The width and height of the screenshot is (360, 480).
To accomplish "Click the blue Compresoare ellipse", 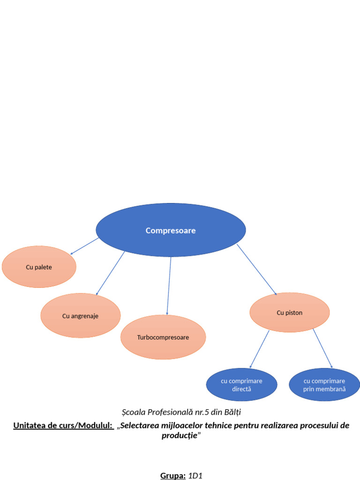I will [x=171, y=230].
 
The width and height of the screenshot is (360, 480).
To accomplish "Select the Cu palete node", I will [x=39, y=267].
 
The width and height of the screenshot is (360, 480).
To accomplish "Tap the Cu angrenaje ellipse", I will [x=80, y=315].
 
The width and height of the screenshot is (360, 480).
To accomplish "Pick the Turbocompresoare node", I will [x=163, y=337].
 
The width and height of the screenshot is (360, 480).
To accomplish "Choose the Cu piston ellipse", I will [x=289, y=312].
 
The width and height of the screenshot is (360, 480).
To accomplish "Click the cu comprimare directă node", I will [x=241, y=385].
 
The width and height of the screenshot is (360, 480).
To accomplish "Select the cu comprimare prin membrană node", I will [x=324, y=385].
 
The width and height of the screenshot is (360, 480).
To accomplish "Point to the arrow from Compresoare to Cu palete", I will [x=84, y=246].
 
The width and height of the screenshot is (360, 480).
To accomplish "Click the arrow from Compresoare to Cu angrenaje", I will [x=111, y=274].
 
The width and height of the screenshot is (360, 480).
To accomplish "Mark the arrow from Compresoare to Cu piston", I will [x=256, y=270].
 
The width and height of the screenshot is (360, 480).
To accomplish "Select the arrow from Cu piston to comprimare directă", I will [x=259, y=349].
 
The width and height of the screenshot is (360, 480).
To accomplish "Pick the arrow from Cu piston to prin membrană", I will [x=323, y=349].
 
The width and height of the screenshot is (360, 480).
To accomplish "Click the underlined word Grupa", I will [x=173, y=476].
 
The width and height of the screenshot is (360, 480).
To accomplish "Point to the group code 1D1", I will [x=195, y=476].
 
